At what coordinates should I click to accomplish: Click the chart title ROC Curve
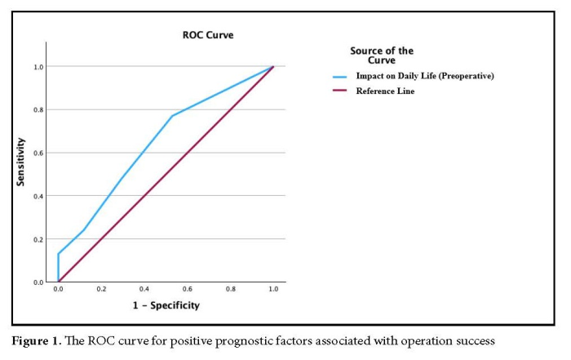coord(201,35)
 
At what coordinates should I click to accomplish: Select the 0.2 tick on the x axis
coord(101,290)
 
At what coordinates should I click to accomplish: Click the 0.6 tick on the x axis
coord(187,290)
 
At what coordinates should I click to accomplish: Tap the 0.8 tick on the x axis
coord(230,290)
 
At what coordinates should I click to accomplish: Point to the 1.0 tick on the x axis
coord(272,290)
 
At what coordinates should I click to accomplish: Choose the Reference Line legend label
coord(384,91)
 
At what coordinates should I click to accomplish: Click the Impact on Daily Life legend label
coord(425,77)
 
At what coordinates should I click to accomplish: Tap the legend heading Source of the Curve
coord(382,56)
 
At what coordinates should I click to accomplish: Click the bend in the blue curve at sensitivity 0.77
coord(172,116)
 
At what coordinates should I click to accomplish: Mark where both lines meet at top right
coord(272,66)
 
